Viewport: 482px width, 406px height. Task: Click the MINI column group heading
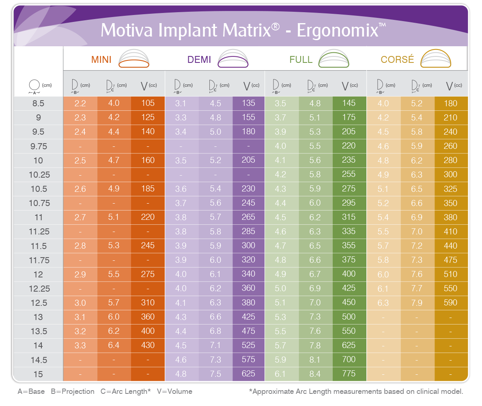pyautogui.click(x=101, y=59)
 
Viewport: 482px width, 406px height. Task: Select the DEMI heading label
pyautogui.click(x=199, y=59)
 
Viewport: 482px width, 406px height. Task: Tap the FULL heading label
pyautogui.click(x=301, y=59)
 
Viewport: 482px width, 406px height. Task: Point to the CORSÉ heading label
pyautogui.click(x=397, y=59)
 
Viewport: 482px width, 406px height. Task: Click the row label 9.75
pyautogui.click(x=39, y=146)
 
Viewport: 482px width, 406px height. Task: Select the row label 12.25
pyautogui.click(x=39, y=289)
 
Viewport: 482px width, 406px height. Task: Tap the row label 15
pyautogui.click(x=38, y=374)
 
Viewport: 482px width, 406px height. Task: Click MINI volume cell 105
pyautogui.click(x=148, y=103)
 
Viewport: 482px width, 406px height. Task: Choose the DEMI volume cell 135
pyautogui.click(x=248, y=103)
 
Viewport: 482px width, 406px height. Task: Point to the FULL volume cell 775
pyautogui.click(x=349, y=374)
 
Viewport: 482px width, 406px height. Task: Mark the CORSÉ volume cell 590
pyautogui.click(x=450, y=303)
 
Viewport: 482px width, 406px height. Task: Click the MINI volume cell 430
pyautogui.click(x=148, y=345)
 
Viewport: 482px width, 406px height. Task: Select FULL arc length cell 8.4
pyautogui.click(x=315, y=374)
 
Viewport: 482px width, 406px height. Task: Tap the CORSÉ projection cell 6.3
pyautogui.click(x=383, y=303)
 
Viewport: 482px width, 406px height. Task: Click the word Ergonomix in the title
pyautogui.click(x=337, y=31)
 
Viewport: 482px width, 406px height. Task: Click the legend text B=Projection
pyautogui.click(x=73, y=391)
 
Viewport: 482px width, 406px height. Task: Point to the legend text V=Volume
pyautogui.click(x=174, y=391)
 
